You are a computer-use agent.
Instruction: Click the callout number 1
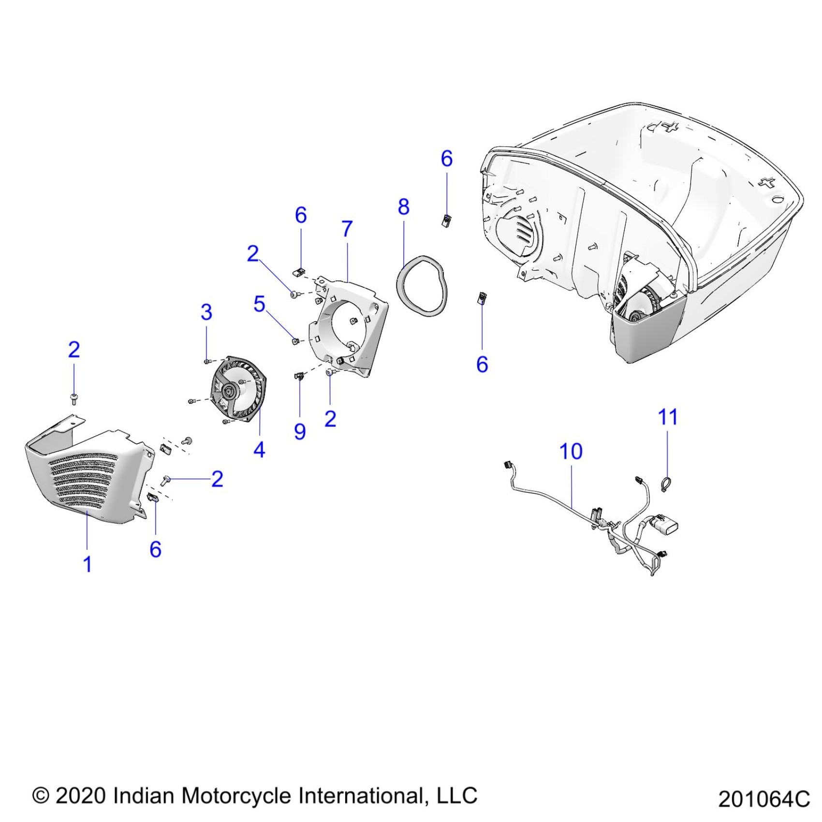88,564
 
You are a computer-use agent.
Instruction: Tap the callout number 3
206,312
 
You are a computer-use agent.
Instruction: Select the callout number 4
259,450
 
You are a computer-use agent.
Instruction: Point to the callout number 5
259,304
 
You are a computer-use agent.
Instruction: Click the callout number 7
347,229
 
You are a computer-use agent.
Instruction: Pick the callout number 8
404,207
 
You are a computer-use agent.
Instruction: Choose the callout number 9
300,431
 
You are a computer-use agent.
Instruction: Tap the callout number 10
571,452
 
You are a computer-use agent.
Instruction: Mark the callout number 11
668,417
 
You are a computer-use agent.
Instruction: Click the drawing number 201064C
763,799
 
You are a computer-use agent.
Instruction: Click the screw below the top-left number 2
74,398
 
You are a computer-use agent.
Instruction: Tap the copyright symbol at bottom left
41,796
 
